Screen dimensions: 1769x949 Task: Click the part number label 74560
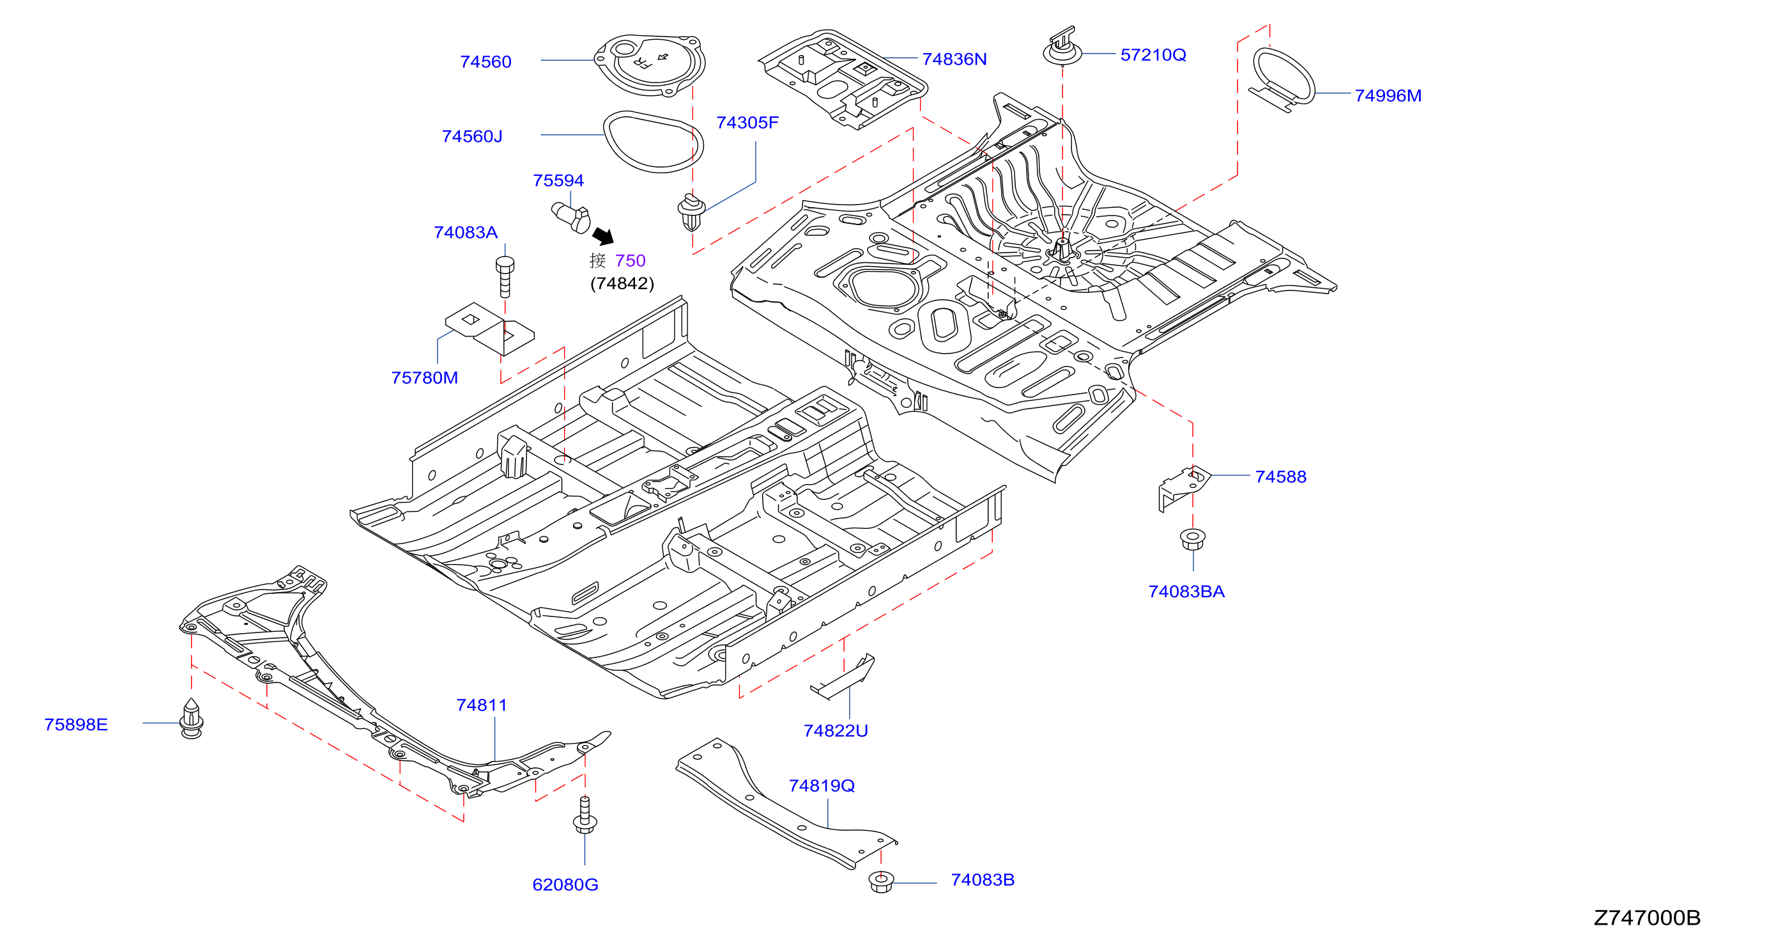pyautogui.click(x=486, y=62)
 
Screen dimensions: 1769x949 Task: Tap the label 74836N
pyautogui.click(x=954, y=59)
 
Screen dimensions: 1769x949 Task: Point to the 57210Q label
pyautogui.click(x=1153, y=55)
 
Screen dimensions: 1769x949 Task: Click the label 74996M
pyautogui.click(x=1388, y=95)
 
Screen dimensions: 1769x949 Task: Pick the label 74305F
pyautogui.click(x=747, y=122)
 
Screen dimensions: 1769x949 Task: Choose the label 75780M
pyautogui.click(x=424, y=377)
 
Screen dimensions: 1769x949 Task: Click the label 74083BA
pyautogui.click(x=1186, y=591)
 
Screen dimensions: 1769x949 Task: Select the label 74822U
pyautogui.click(x=835, y=730)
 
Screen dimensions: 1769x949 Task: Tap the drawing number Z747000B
pyautogui.click(x=1647, y=918)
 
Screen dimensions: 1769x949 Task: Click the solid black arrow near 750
pyautogui.click(x=603, y=236)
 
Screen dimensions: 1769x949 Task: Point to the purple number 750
pyautogui.click(x=631, y=260)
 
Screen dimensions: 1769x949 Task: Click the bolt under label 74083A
pyautogui.click(x=505, y=276)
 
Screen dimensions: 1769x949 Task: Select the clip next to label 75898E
pyautogui.click(x=191, y=718)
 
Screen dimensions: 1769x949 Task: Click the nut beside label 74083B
pyautogui.click(x=881, y=882)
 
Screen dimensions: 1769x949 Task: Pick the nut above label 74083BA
pyautogui.click(x=1192, y=538)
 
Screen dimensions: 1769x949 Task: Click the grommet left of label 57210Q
pyautogui.click(x=1062, y=45)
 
